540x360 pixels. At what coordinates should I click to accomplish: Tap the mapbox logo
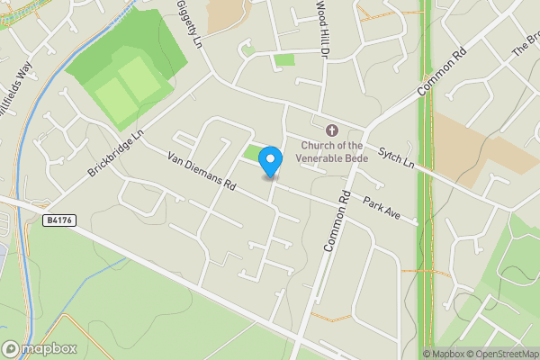coord(40,349)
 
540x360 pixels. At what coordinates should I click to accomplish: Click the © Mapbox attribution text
coord(443,354)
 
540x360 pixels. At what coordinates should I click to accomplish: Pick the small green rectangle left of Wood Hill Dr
coord(283,59)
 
